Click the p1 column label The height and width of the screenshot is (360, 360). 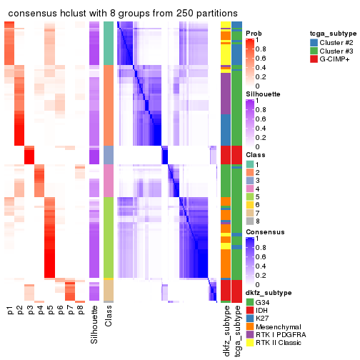(x=10, y=311)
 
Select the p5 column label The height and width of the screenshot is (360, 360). (x=50, y=311)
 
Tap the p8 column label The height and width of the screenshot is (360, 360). (x=80, y=311)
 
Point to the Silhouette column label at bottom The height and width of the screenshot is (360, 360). (x=94, y=325)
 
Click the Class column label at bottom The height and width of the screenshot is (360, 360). (x=109, y=318)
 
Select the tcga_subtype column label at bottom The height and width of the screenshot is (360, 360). (x=236, y=329)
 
